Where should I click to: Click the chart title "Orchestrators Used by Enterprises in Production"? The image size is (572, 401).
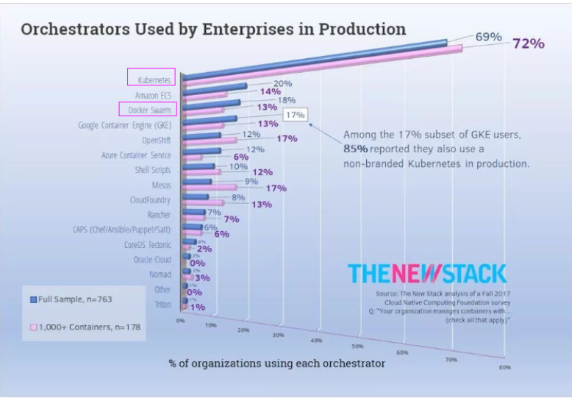pos(212,29)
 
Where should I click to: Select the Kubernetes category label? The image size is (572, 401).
pos(154,79)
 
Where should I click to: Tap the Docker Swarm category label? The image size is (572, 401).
pos(149,110)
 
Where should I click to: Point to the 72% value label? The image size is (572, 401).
pos(529,43)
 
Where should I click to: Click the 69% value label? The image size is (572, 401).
pos(488,37)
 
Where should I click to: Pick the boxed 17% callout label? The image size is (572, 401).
pos(296,115)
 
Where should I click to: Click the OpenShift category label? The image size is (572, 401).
pos(156,140)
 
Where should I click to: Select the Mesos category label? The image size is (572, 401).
pos(161,185)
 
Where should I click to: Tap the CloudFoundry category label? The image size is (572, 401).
pos(150,200)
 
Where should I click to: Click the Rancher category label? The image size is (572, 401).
pos(159,215)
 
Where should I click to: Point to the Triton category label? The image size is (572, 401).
pos(162,304)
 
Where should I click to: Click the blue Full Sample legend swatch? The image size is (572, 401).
pos(33,299)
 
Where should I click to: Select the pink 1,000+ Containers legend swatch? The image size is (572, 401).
pos(33,327)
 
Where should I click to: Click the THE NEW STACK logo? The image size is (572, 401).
pos(427,274)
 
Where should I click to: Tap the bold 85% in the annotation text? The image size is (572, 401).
pos(356,149)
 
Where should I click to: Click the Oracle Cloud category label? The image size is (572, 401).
pos(152,259)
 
